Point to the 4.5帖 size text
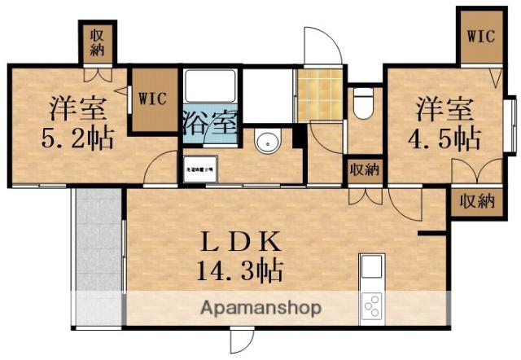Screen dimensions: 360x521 point(444,136)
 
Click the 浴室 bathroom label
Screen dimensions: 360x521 point(210,126)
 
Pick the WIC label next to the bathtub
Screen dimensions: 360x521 point(152,99)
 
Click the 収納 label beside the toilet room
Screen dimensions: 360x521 point(364,169)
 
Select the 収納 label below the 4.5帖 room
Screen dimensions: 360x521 point(475,201)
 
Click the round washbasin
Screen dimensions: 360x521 point(267,142)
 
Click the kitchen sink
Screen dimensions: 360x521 point(371,267)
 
